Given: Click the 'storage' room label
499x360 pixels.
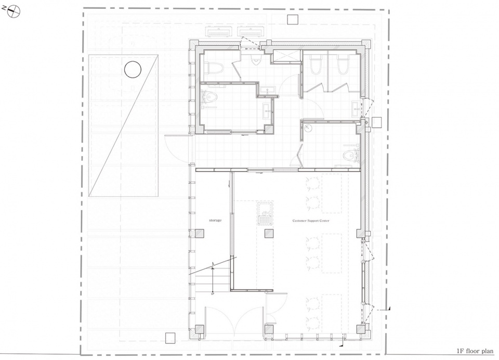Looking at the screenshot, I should (x=215, y=221).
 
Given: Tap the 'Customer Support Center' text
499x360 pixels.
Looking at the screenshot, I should (x=311, y=221).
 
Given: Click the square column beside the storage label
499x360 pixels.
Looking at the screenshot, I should (x=199, y=234).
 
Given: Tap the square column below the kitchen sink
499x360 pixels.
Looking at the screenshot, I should (x=269, y=234).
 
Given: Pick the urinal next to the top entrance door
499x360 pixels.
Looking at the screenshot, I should (x=255, y=61).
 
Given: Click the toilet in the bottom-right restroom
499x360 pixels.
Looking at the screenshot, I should (x=352, y=153).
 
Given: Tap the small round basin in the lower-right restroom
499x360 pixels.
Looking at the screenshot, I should (x=307, y=126).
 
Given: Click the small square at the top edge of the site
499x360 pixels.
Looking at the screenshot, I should (x=293, y=19).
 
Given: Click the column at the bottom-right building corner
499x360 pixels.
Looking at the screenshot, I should (x=360, y=329).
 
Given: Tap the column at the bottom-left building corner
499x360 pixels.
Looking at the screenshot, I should (x=199, y=329).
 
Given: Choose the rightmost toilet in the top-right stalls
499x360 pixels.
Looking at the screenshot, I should (x=341, y=65).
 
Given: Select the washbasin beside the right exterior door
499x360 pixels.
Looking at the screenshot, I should (x=356, y=108).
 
